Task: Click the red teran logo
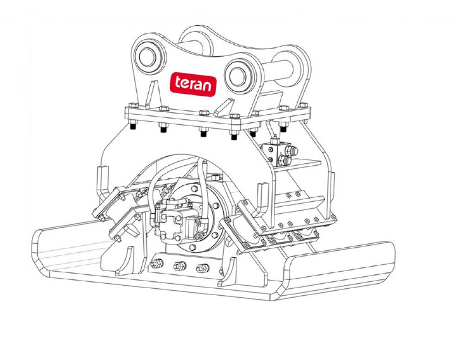pos(192,84)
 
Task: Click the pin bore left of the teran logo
pos(147,57)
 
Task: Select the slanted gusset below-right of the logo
pos(223,107)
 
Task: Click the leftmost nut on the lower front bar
pos(157,264)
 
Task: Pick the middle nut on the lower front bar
pos(179,266)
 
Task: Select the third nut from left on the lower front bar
pos(202,269)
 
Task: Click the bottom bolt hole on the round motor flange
pos(192,247)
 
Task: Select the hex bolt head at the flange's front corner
pos(235,117)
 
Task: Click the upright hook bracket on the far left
pos(103,182)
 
